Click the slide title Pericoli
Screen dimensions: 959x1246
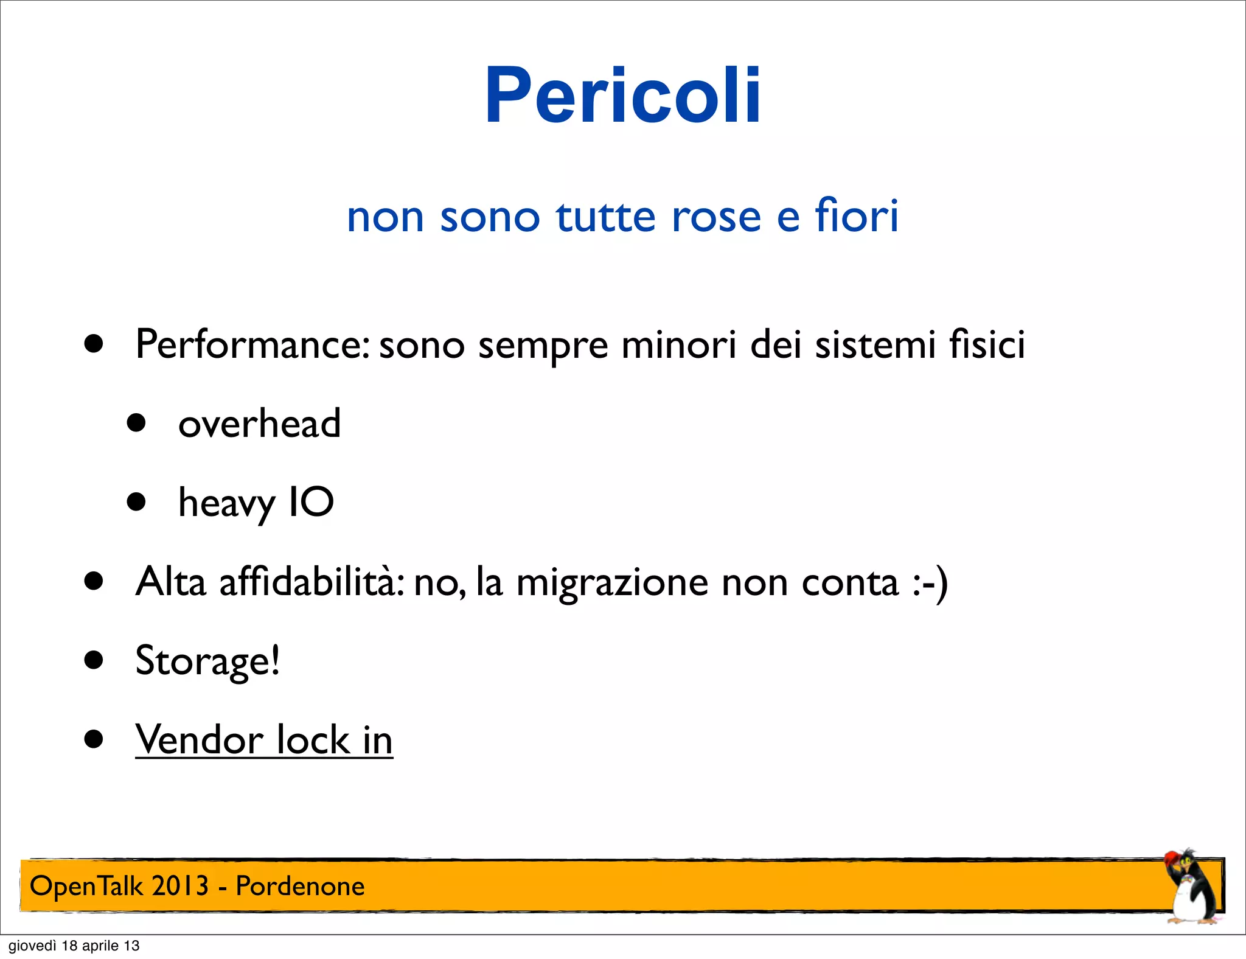(622, 96)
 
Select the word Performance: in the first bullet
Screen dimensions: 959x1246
(252, 345)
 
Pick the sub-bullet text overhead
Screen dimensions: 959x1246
(259, 424)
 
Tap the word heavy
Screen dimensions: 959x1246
(226, 504)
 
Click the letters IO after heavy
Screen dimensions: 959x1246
(311, 503)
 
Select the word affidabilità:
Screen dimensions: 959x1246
(312, 582)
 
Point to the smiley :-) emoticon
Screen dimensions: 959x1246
(930, 583)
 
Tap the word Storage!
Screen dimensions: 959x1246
(207, 661)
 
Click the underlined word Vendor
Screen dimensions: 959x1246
(199, 740)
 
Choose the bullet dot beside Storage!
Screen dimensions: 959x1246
(94, 660)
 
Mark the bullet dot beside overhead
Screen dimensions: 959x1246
(136, 423)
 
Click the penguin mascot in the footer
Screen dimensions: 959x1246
(1190, 887)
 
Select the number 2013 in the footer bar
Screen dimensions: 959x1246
(180, 886)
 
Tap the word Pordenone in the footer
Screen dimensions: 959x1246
(300, 886)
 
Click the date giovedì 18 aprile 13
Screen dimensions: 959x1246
(74, 946)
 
